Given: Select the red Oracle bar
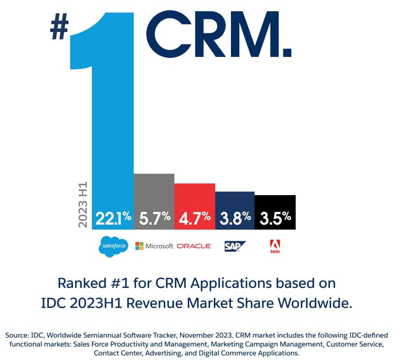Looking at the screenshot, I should [195, 198].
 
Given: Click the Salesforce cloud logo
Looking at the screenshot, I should [113, 246].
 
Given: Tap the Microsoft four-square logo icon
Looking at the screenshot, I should [139, 246].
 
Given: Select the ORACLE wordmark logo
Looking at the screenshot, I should [194, 246].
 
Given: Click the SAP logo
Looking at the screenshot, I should [234, 246].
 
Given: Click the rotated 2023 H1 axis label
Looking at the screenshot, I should [83, 204].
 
